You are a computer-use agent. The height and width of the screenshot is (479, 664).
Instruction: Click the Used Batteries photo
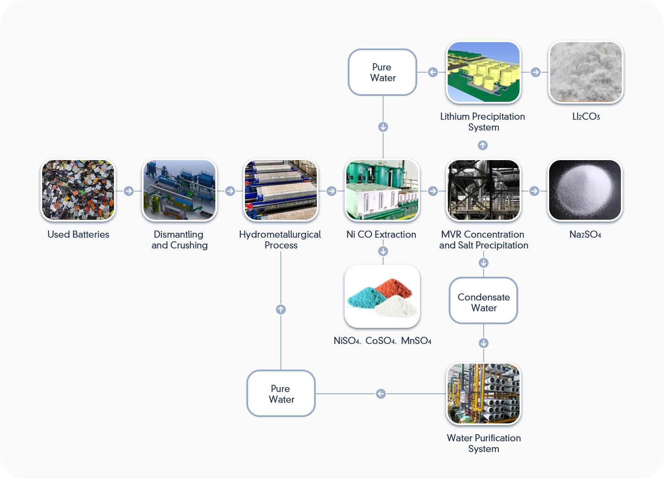click(x=78, y=190)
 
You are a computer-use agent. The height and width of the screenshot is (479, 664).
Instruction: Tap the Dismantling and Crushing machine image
click(x=179, y=190)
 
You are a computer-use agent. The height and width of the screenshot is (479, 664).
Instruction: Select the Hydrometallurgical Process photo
click(x=281, y=190)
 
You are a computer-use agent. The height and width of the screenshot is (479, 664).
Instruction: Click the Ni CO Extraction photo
click(x=382, y=190)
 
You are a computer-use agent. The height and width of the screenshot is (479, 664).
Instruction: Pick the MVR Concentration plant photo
click(x=484, y=190)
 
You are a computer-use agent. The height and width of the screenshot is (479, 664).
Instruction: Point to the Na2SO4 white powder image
click(x=585, y=190)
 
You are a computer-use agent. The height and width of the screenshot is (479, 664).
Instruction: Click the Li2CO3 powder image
click(x=586, y=72)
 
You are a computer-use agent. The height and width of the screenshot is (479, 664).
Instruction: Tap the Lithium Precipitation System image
click(x=484, y=72)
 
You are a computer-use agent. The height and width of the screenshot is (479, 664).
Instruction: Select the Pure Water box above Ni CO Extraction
click(x=383, y=72)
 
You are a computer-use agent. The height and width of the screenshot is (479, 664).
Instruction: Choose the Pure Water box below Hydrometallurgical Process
click(x=281, y=393)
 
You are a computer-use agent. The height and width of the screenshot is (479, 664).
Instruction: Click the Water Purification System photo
click(x=484, y=393)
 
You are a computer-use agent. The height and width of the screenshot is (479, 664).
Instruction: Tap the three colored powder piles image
click(x=382, y=296)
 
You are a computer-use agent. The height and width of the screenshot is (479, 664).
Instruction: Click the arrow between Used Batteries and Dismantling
click(x=129, y=191)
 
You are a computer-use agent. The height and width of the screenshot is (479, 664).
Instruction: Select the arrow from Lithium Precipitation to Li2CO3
click(x=535, y=72)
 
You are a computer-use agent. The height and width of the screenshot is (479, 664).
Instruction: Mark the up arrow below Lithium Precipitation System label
click(x=483, y=145)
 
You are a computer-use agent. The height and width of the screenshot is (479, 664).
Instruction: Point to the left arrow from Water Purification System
click(x=381, y=394)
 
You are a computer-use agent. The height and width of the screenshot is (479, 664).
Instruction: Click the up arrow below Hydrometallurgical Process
click(x=281, y=309)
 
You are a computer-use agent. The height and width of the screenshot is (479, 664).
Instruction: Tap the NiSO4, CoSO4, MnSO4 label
click(x=382, y=341)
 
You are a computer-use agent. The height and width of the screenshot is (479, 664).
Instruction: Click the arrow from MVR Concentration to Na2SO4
click(x=534, y=191)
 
